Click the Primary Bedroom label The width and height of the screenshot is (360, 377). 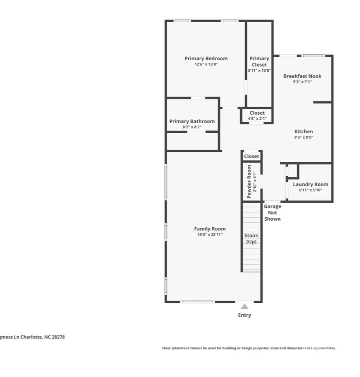(x=206, y=59)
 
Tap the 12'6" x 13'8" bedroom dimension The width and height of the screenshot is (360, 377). (x=206, y=64)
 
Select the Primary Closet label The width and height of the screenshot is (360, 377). (x=259, y=61)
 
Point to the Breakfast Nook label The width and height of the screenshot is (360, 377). (x=302, y=76)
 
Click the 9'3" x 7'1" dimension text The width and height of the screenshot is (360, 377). (x=302, y=82)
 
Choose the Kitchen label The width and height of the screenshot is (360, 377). (x=303, y=132)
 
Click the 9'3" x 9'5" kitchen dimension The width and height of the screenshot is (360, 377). (x=303, y=137)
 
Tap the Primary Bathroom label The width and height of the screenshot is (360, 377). (x=192, y=121)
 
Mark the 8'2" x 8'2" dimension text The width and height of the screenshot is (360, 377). (x=192, y=127)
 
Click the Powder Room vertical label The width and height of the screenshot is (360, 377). (x=249, y=181)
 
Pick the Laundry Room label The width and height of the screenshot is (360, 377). (x=310, y=184)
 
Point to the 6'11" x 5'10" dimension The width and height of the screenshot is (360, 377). (x=310, y=190)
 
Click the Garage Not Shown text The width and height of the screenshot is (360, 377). (x=272, y=212)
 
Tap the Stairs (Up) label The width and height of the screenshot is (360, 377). (x=251, y=238)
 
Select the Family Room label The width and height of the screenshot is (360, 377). (x=210, y=229)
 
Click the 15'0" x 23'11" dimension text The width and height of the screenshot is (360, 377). (x=210, y=235)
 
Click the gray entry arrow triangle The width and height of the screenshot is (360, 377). (x=244, y=306)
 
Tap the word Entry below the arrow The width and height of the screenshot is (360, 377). (x=244, y=315)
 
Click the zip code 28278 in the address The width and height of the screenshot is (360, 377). (x=58, y=337)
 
